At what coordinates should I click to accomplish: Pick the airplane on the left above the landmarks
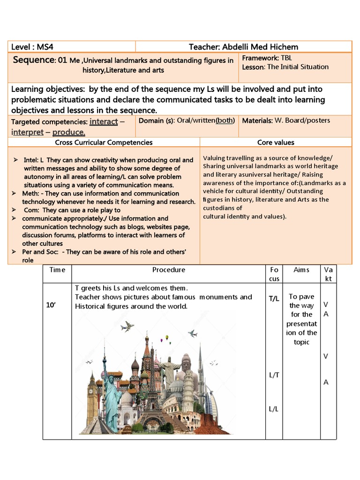click(127, 326)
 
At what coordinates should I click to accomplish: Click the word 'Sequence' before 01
click(34, 60)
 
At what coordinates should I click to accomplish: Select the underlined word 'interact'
click(104, 121)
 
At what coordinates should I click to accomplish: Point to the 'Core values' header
click(276, 142)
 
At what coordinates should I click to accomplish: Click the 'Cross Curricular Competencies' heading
click(104, 142)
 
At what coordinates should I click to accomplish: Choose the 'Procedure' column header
click(168, 270)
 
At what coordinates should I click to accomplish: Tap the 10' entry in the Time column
click(51, 305)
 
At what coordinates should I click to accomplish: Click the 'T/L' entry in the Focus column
click(274, 299)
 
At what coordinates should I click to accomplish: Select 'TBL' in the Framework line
click(286, 58)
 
